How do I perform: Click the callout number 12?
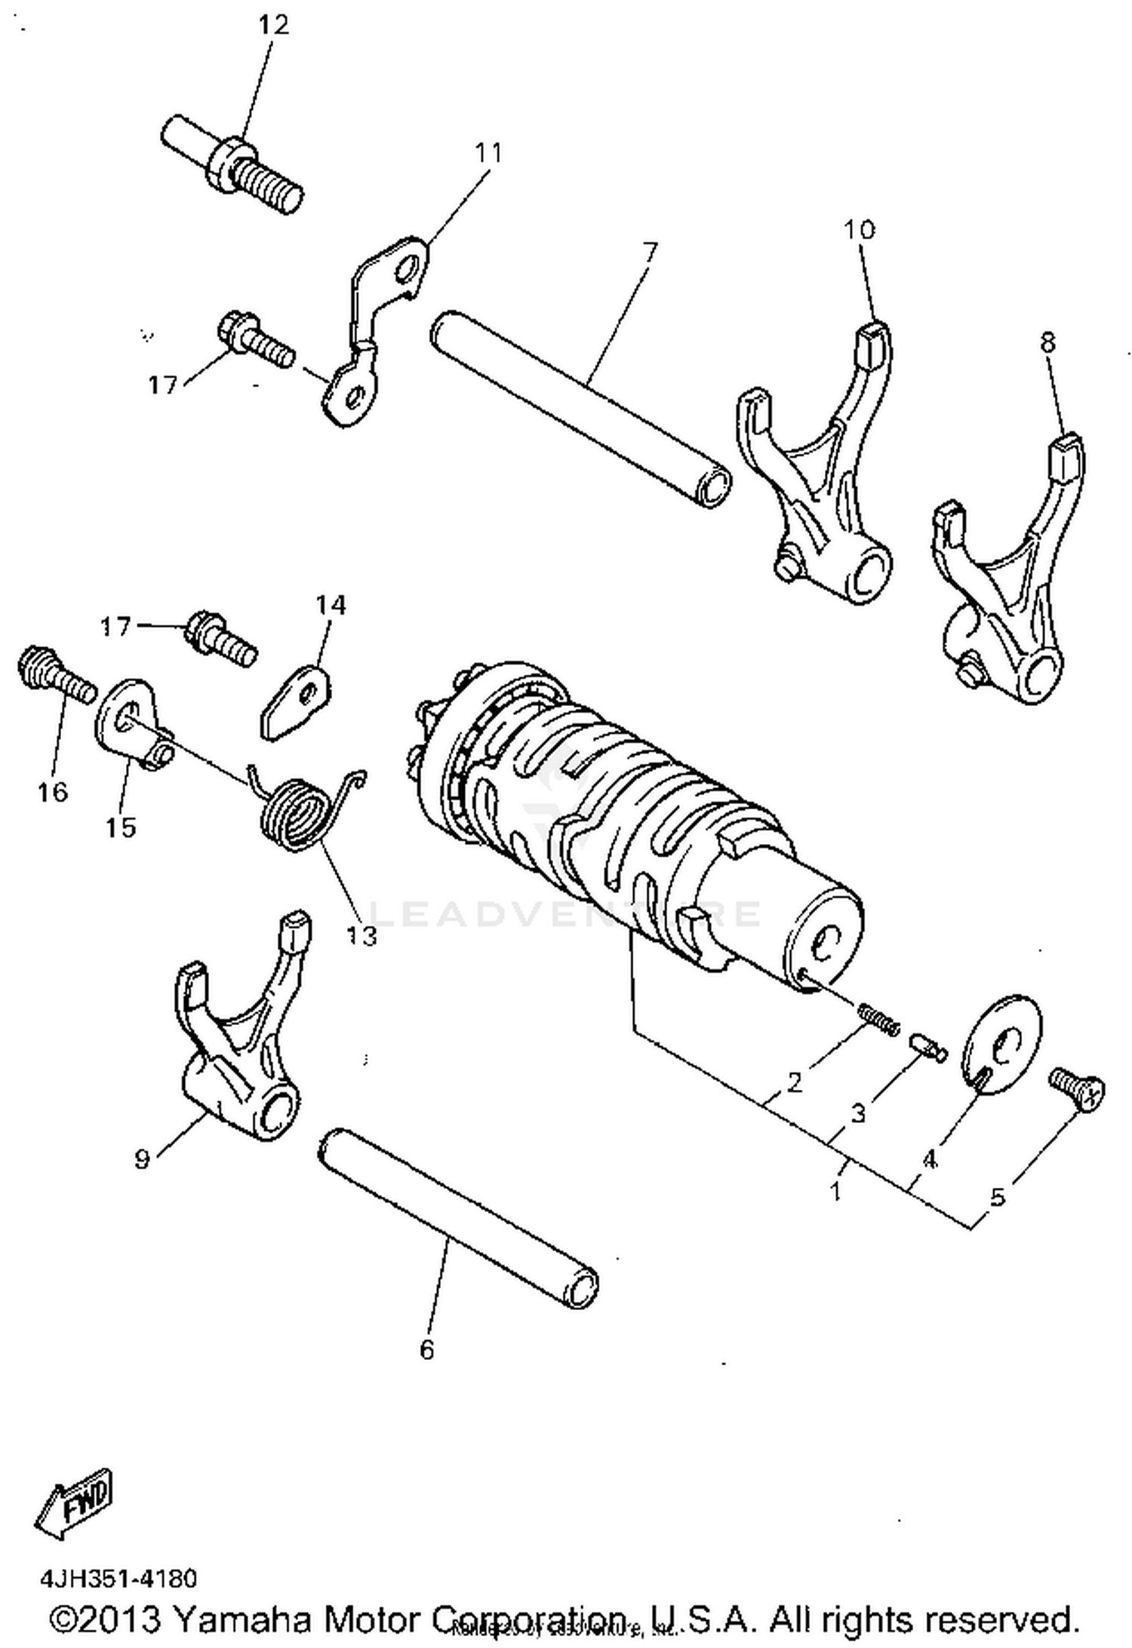click(273, 26)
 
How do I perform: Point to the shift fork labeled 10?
click(815, 483)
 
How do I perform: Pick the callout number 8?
click(1047, 343)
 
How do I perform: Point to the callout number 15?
click(121, 827)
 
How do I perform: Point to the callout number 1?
click(835, 1192)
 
